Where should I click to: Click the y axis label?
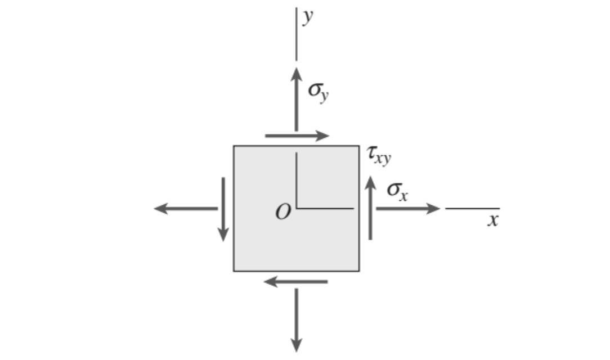tap(307, 17)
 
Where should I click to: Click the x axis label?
tap(493, 220)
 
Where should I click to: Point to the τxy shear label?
tap(379, 156)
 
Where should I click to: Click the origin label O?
tap(283, 212)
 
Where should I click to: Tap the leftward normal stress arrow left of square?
tap(186, 209)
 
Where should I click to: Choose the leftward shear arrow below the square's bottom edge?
tap(296, 281)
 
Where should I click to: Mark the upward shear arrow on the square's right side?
tap(370, 208)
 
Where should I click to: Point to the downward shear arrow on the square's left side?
tap(223, 209)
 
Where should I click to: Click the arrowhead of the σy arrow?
tap(296, 74)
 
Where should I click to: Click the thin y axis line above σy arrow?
tap(296, 34)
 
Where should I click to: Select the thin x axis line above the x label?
tap(472, 209)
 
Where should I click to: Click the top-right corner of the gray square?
tap(359, 146)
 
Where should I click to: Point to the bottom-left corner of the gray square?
tap(234, 271)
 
